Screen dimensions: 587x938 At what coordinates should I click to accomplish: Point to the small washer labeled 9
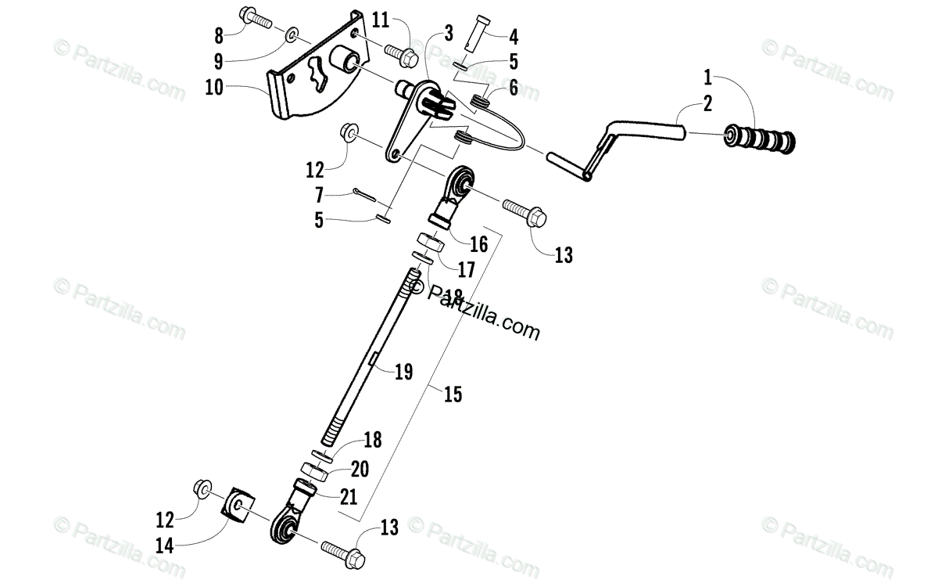pos(291,35)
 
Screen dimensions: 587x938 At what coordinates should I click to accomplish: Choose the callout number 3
pos(449,33)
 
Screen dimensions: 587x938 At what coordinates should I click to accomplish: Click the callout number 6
pos(513,88)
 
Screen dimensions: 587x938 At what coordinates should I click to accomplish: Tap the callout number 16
pos(478,243)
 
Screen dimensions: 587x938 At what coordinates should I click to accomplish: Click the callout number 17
pos(466,270)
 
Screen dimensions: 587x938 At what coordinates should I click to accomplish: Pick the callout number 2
pos(708,102)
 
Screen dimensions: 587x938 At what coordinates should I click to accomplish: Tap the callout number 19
pos(403,371)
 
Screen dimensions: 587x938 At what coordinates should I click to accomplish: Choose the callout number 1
pos(708,77)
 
